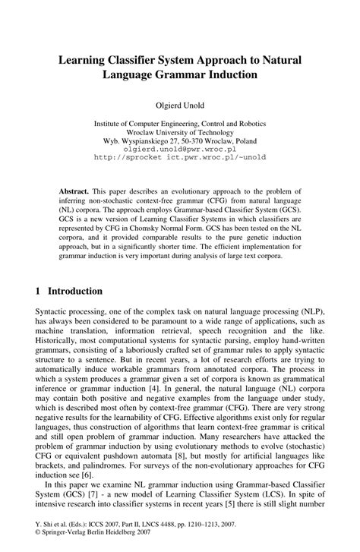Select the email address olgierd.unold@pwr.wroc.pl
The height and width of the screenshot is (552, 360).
180,150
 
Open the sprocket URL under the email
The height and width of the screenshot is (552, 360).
179,159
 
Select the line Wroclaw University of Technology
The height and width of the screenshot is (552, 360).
180,131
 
